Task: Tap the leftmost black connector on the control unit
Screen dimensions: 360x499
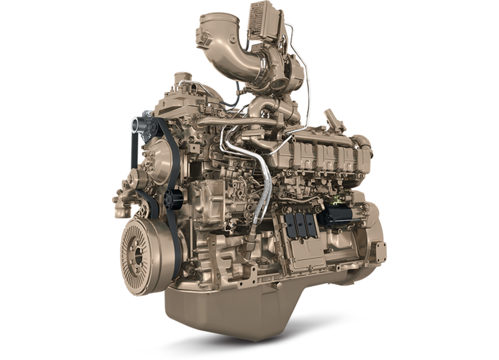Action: [289, 225]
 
